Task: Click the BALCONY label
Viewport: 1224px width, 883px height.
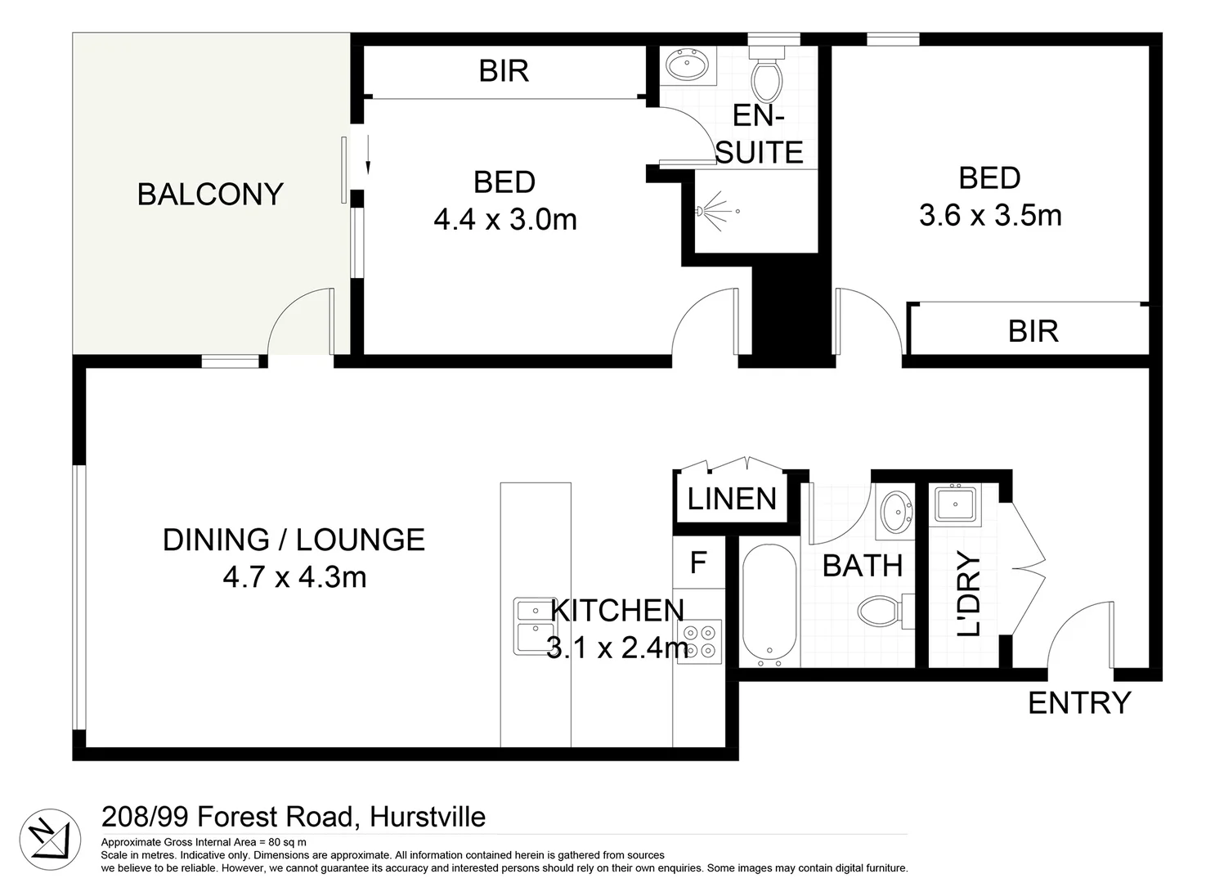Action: coord(210,194)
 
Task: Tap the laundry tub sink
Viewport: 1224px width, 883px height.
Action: coord(954,503)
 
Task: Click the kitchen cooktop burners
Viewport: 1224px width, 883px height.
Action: coord(699,641)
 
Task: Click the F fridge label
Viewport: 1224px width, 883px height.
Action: coord(698,563)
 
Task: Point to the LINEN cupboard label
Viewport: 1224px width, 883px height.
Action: coord(732,499)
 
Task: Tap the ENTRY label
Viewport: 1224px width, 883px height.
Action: coord(1078,702)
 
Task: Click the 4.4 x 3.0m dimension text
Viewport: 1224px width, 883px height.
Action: coord(505,219)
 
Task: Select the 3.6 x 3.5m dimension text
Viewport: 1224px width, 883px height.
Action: coord(990,215)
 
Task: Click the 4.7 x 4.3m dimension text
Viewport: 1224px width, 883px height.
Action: coord(294,577)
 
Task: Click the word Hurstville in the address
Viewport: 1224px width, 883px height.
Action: coord(428,817)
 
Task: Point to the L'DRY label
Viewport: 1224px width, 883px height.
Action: coord(969,594)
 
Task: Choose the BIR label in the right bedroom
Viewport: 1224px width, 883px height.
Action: coord(1033,331)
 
